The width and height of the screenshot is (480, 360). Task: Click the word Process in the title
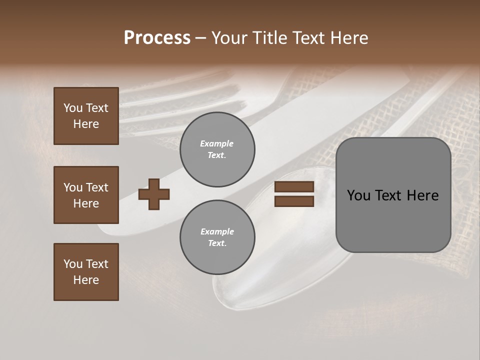click(157, 38)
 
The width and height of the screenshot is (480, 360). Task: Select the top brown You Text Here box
click(86, 116)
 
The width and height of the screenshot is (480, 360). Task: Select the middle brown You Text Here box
click(86, 195)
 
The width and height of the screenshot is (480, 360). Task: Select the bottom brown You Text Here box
click(86, 272)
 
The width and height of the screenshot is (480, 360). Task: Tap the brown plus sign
click(154, 194)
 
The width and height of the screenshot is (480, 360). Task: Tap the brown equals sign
click(294, 194)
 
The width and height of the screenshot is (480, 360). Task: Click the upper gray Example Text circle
click(217, 149)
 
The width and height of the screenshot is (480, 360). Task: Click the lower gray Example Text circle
click(217, 237)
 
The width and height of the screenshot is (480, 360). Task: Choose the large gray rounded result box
click(393, 195)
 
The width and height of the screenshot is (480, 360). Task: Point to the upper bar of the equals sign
click(294, 187)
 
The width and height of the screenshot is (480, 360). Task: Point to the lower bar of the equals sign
click(294, 201)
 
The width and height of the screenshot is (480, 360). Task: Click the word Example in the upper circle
click(217, 143)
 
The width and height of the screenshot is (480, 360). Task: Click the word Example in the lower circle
click(217, 231)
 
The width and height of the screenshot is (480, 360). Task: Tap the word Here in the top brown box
click(86, 124)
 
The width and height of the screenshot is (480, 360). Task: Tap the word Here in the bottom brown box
click(86, 280)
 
